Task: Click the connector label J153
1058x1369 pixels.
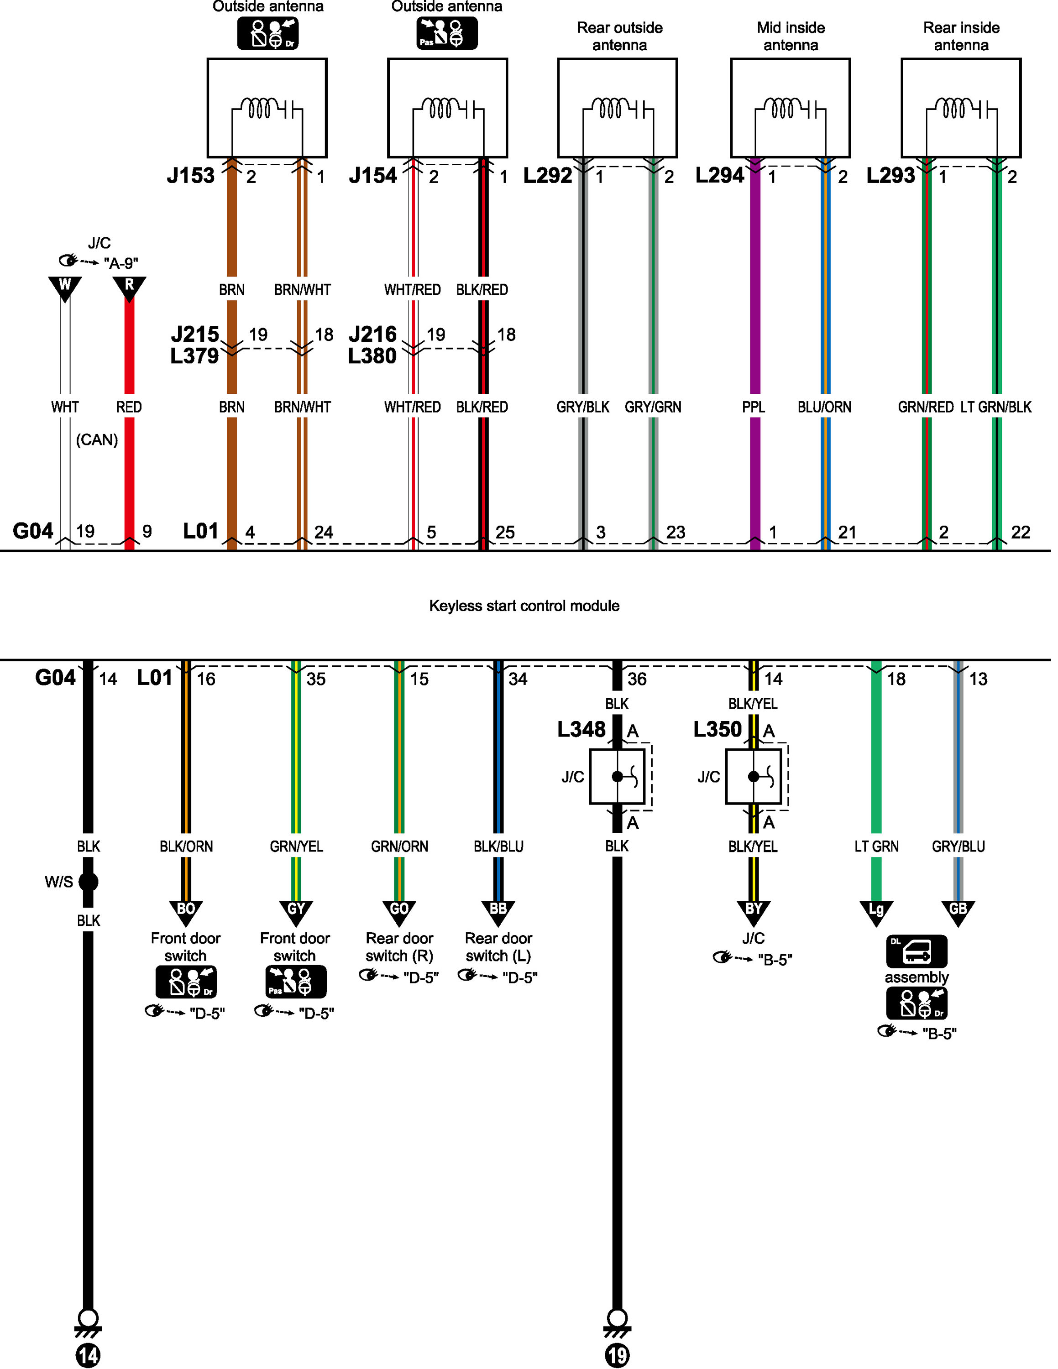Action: tap(190, 176)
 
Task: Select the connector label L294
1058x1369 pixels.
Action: tap(719, 176)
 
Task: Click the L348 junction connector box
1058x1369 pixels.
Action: tap(618, 777)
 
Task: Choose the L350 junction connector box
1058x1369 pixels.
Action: tap(754, 777)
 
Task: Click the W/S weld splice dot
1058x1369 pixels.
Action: tap(89, 882)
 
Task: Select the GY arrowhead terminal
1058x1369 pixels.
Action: tap(296, 912)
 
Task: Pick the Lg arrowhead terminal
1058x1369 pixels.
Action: tap(876, 912)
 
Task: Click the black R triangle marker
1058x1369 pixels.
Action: tap(129, 287)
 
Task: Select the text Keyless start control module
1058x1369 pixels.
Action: tap(524, 606)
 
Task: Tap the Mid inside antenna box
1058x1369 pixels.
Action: tap(791, 108)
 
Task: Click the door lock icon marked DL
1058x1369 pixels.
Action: tap(917, 951)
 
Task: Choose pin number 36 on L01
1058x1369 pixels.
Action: tap(637, 679)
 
